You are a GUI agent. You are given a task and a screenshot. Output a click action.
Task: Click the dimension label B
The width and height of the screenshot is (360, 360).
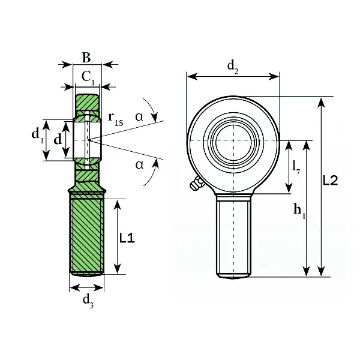(86, 58)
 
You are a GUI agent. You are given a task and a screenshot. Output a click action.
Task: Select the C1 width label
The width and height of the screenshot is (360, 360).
(88, 77)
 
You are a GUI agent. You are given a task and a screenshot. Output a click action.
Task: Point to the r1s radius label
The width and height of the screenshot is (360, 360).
(116, 119)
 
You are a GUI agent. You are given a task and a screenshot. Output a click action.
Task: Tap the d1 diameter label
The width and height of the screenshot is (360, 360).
(37, 135)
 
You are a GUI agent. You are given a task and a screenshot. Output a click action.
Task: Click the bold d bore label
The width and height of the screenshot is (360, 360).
(58, 139)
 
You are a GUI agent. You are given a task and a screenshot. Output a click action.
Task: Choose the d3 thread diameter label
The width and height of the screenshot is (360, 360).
(88, 301)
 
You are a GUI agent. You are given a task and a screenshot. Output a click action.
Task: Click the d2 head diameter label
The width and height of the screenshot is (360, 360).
(233, 67)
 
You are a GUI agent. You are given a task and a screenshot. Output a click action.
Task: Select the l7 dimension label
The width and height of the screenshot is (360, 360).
(296, 167)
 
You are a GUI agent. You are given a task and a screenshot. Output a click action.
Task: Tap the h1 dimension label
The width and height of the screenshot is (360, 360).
(299, 211)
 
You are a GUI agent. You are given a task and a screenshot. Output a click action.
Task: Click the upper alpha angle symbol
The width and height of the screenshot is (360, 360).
(139, 117)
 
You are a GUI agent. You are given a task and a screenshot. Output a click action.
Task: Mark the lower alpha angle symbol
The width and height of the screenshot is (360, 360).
(139, 164)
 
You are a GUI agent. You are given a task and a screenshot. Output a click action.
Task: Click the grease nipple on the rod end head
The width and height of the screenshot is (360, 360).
(197, 183)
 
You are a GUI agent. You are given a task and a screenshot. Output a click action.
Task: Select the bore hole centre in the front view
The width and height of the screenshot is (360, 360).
(233, 140)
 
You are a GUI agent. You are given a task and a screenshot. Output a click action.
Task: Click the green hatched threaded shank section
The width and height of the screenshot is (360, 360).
(87, 234)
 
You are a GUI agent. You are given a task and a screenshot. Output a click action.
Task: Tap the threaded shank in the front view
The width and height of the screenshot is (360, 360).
(233, 236)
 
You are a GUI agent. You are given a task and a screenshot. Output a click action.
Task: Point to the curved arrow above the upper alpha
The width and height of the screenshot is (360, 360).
(152, 109)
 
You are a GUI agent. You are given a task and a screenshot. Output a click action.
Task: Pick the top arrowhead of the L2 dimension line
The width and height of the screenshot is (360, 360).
(321, 102)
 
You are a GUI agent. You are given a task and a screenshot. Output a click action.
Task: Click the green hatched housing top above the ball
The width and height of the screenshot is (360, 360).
(88, 103)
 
